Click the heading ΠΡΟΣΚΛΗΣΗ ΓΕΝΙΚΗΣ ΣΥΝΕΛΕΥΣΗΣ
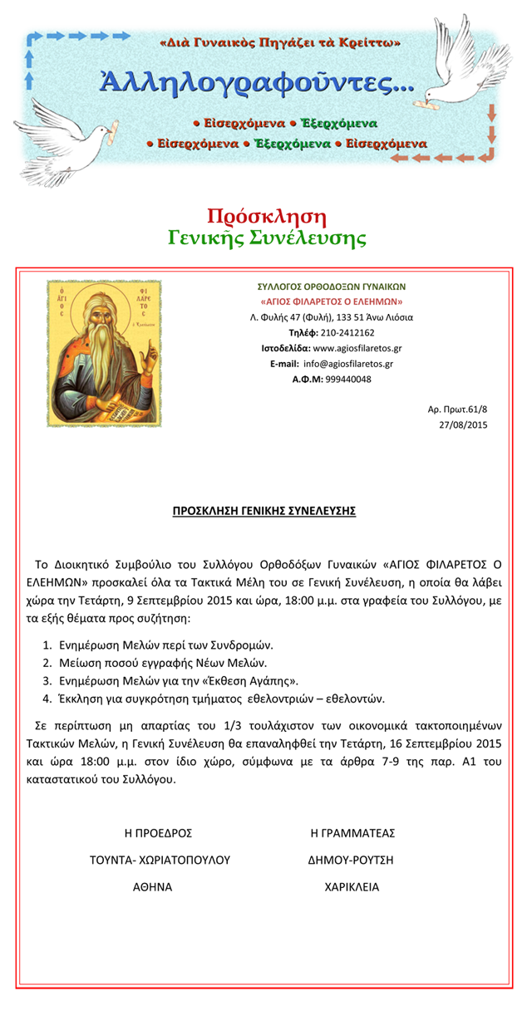[264, 511]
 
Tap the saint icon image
[104, 353]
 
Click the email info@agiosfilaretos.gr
[347, 364]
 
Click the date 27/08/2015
[463, 424]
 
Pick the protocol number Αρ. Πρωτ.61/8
[457, 410]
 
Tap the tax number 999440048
[348, 379]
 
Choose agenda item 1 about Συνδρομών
[165, 645]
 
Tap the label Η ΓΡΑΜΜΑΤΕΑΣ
[352, 833]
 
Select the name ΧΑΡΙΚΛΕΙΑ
[352, 886]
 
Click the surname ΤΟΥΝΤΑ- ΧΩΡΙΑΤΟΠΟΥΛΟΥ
[160, 860]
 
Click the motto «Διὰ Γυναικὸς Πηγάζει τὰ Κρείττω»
[279, 42]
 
